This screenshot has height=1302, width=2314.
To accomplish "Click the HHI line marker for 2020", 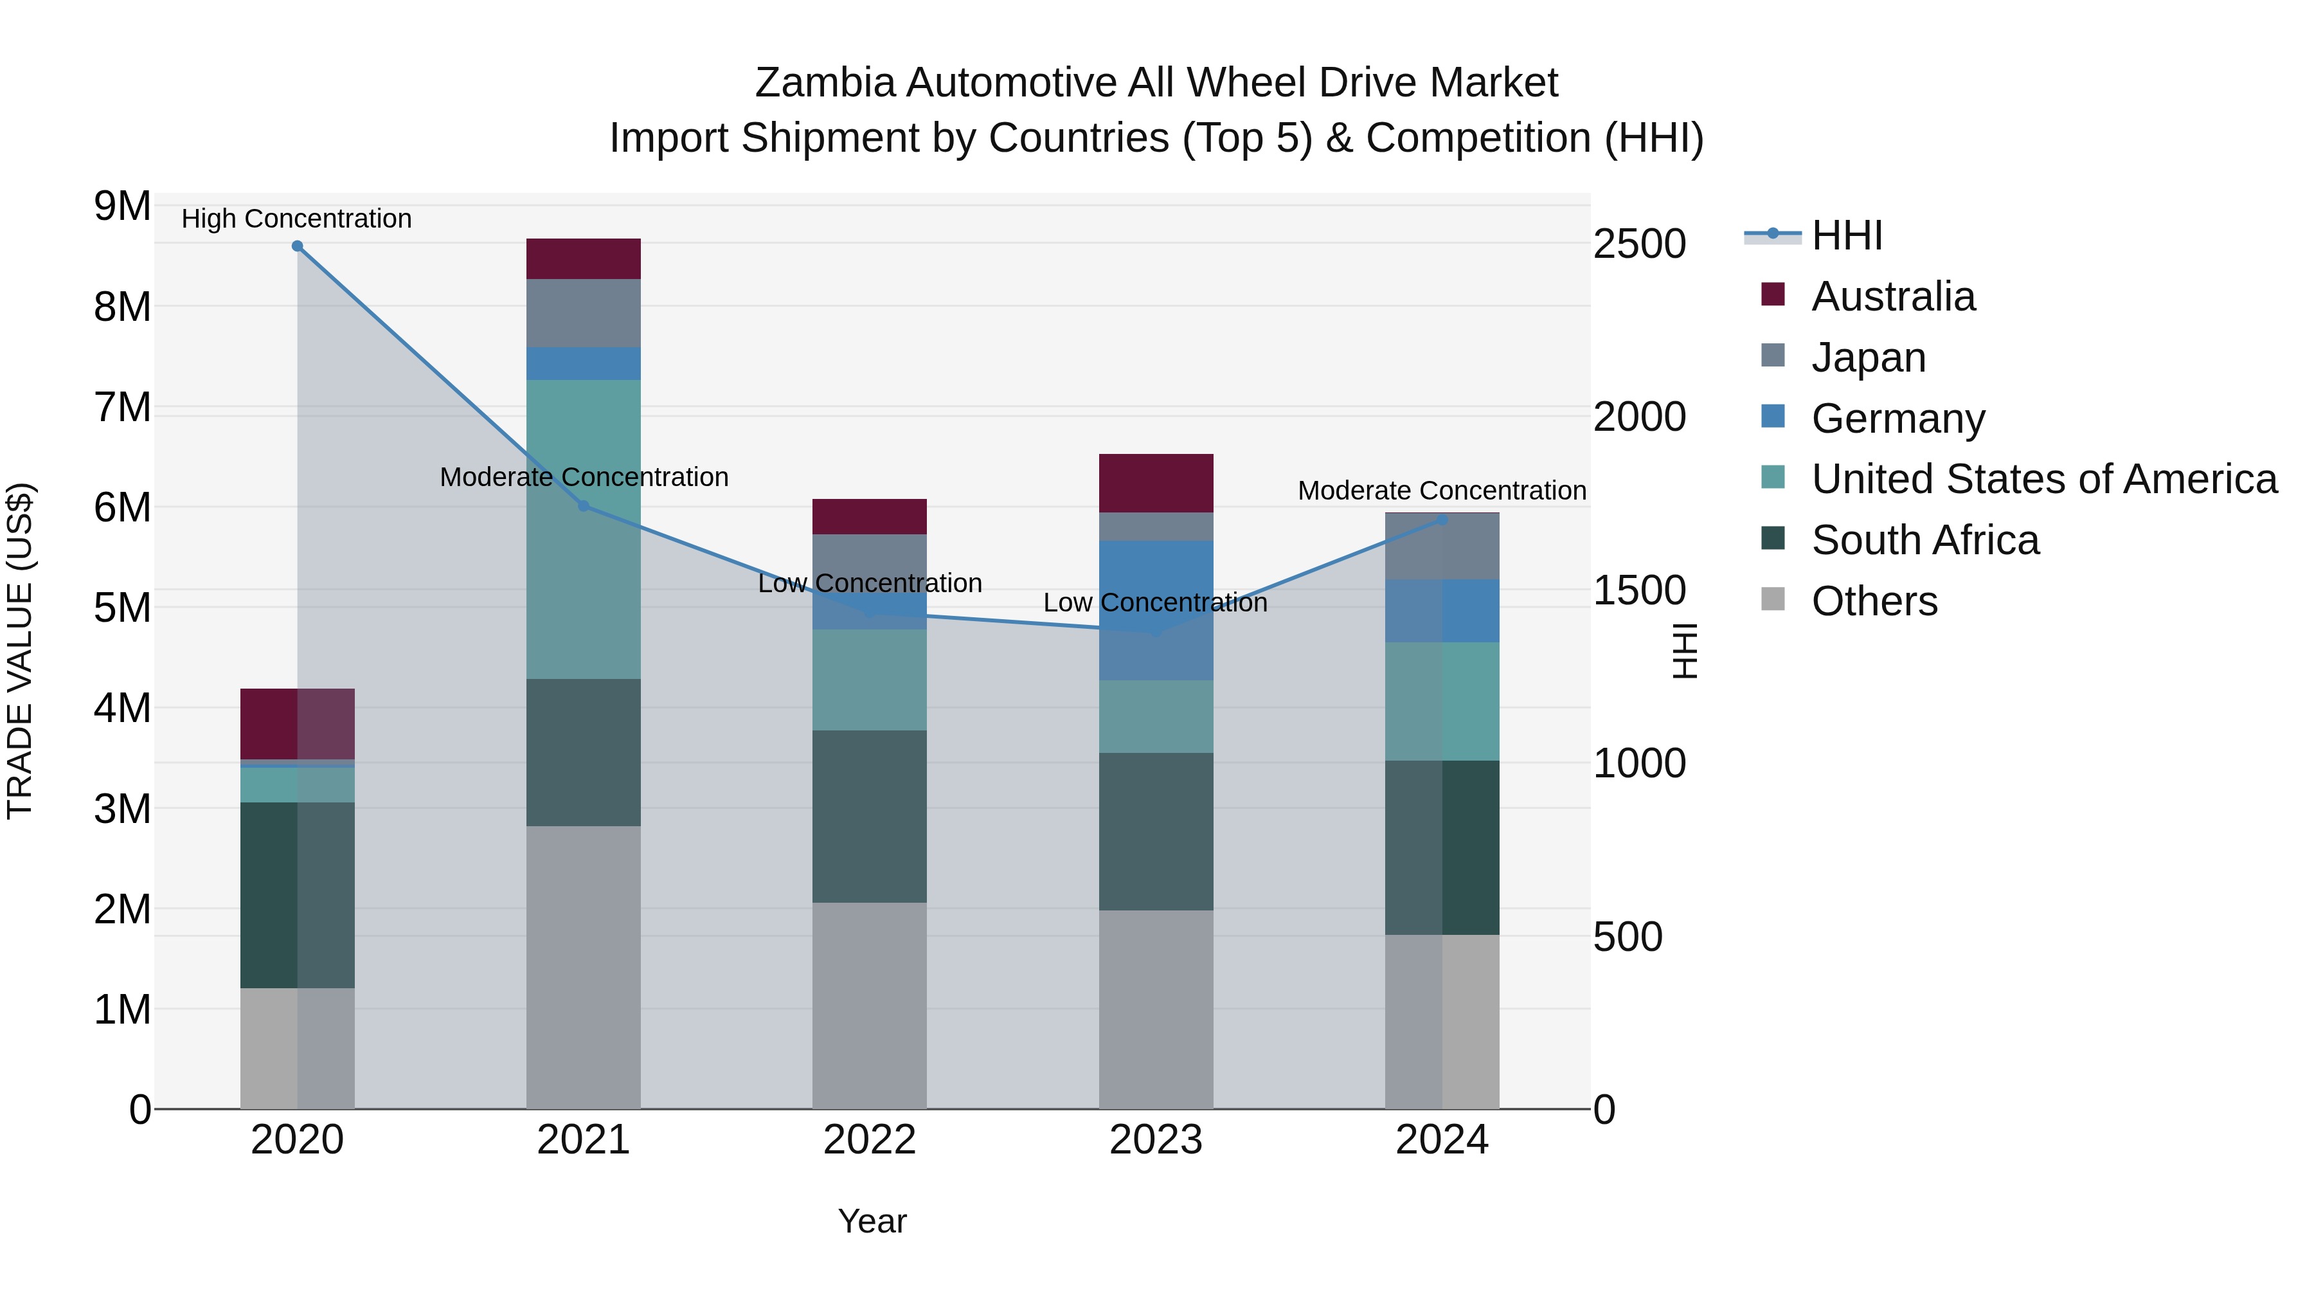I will point(298,246).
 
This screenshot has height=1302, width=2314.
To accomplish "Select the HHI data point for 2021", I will point(584,506).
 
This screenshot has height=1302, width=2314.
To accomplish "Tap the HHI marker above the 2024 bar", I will point(1442,520).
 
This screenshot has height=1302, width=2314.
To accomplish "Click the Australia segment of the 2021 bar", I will point(584,258).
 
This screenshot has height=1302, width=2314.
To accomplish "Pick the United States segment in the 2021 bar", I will point(584,529).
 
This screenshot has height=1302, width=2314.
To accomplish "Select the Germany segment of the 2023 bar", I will point(1156,610).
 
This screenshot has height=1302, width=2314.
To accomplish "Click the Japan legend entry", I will point(1869,357).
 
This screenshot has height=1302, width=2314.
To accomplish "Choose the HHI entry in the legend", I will point(1846,235).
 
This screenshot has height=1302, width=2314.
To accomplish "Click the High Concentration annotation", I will point(296,219).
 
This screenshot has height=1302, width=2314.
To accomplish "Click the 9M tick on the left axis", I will point(122,206).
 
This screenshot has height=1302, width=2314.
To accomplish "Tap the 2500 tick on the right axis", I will point(1639,244).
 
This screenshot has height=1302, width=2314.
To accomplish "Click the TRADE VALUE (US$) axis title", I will point(20,651).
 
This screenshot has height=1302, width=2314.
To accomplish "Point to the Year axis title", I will point(872,1221).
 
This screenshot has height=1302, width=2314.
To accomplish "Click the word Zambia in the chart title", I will point(825,83).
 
